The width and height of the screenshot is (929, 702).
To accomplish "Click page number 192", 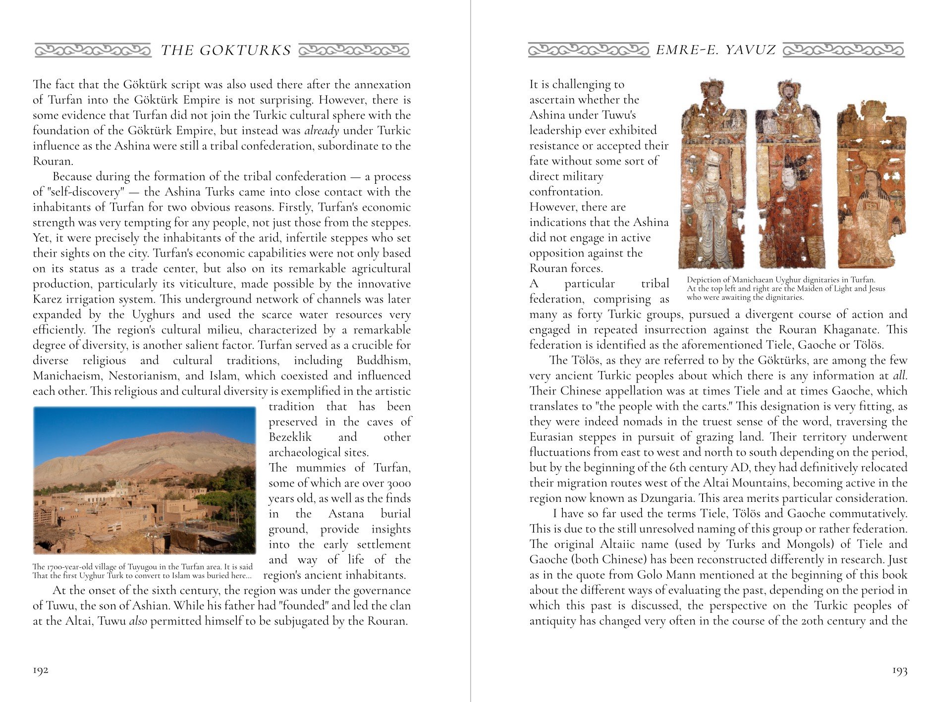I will [x=41, y=670].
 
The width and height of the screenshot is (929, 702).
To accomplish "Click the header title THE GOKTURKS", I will [x=226, y=51].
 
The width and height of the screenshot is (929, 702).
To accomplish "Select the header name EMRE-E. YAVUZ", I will [x=716, y=50].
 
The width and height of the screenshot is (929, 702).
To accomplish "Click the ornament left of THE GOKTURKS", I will [x=93, y=50].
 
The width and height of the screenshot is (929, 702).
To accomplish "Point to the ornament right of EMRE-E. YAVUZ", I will [x=843, y=50].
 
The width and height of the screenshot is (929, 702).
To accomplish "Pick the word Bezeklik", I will [x=290, y=437].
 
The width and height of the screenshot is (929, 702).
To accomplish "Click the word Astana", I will [x=346, y=514].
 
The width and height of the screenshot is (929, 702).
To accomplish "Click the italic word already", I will [x=322, y=131].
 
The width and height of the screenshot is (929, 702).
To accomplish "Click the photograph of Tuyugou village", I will [x=144, y=480].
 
